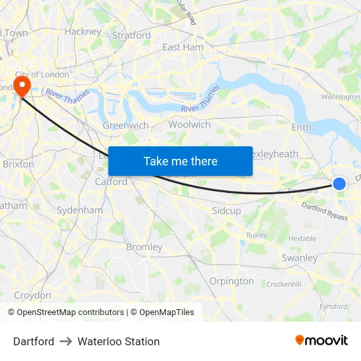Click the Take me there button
[x=180, y=161]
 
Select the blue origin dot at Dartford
[x=339, y=184]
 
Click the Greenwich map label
[x=126, y=125]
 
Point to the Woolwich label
[x=190, y=125]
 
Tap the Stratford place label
[x=132, y=35]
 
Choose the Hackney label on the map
[x=83, y=31]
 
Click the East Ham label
[x=182, y=47]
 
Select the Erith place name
[x=301, y=127]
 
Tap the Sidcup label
[x=226, y=211]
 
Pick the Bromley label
[x=144, y=247]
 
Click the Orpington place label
[x=231, y=281]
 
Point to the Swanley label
[x=299, y=258]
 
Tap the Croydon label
[x=32, y=295]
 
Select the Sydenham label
[x=80, y=210]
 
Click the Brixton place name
[x=18, y=164]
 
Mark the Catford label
[x=111, y=181]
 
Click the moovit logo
[x=322, y=341]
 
